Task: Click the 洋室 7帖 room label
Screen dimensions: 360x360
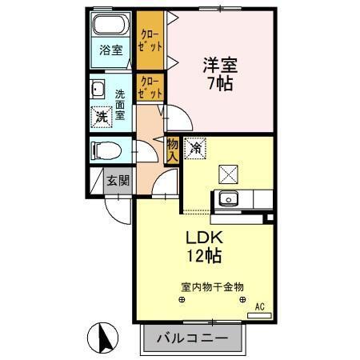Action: click(x=218, y=73)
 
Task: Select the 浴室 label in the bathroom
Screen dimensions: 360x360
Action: click(x=111, y=50)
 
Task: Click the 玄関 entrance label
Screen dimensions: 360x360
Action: click(x=118, y=181)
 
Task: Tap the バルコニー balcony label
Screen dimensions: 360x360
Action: click(x=192, y=338)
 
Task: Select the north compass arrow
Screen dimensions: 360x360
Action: click(x=105, y=337)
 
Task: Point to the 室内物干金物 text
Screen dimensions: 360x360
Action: click(x=212, y=286)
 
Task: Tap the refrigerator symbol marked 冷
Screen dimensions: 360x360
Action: click(x=195, y=148)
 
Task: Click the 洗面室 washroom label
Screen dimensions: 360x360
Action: click(x=121, y=102)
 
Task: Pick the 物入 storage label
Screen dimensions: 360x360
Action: click(x=171, y=150)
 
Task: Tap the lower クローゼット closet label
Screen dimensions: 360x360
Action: click(x=150, y=87)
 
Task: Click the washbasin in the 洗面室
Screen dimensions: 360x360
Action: click(x=98, y=88)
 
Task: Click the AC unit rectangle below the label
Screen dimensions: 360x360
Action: click(x=260, y=316)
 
